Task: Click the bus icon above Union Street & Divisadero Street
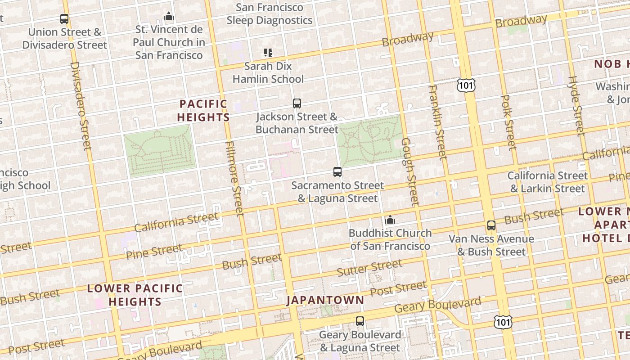64,19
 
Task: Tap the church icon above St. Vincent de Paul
169,17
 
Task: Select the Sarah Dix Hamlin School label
268,72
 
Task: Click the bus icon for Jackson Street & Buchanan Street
297,103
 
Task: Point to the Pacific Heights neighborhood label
203,111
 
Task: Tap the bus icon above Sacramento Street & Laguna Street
337,171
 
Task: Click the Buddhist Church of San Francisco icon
390,220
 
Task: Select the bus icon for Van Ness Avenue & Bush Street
491,225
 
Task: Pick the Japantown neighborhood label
325,300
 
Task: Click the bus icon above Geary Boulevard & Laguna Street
360,321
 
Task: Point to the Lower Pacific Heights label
135,295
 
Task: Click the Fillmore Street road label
234,178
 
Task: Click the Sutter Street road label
369,268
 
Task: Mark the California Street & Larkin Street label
547,182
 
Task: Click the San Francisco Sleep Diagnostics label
270,14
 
